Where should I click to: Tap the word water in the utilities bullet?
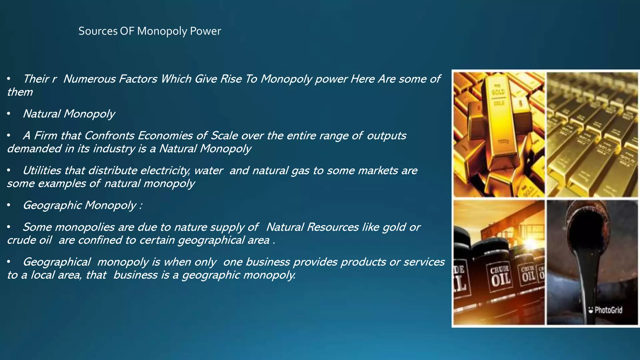208,171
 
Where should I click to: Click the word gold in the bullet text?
394,227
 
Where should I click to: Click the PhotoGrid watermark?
605,310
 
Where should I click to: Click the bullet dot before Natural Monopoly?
9,114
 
